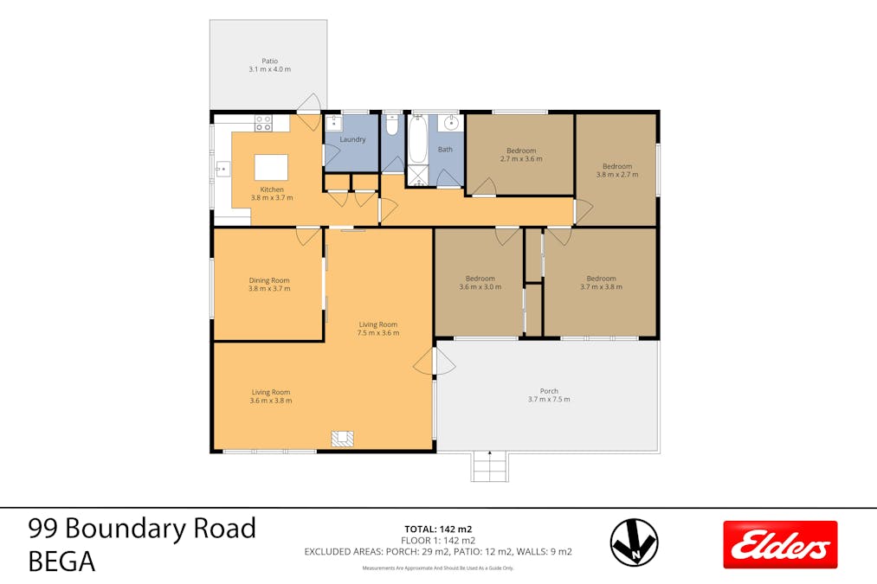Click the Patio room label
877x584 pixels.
coord(270,61)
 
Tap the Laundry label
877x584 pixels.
coord(352,139)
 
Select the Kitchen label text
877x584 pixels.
coord(272,189)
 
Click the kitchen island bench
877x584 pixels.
coord(272,165)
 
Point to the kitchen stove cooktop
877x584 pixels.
coord(263,123)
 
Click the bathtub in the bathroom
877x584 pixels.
coord(418,141)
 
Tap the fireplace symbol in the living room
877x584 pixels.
coord(342,439)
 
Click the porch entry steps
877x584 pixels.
coord(490,467)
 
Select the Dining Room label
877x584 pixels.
coord(269,280)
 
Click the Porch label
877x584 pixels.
coord(549,391)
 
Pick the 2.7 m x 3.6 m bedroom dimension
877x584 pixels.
coord(521,159)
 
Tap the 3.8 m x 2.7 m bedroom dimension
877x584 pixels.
coord(617,174)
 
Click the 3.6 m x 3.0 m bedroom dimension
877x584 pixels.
coord(480,287)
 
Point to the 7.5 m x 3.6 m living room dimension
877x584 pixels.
coord(379,333)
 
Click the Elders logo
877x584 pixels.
coord(780,544)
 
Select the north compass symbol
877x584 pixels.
coord(634,542)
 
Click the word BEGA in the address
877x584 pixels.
coord(61,562)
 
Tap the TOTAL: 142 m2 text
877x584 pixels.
coord(438,529)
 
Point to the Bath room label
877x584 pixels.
coord(445,150)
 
